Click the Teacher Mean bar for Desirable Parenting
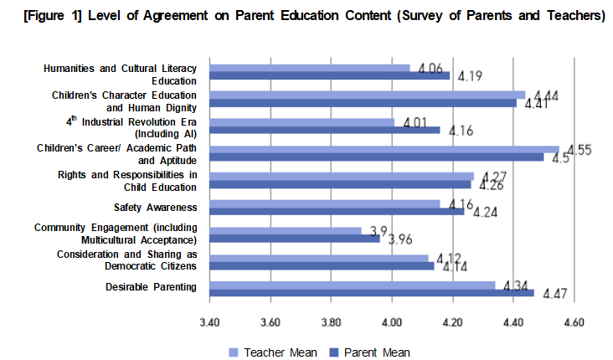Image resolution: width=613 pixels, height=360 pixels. tap(352, 285)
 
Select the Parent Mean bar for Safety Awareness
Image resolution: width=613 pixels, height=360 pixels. tap(335, 211)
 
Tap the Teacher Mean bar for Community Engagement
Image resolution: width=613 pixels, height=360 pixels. tap(285, 230)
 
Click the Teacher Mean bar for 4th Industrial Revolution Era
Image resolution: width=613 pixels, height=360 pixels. tap(301, 122)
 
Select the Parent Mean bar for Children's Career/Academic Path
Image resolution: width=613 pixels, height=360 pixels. tap(377, 157)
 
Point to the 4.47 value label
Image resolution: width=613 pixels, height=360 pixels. tap(556, 294)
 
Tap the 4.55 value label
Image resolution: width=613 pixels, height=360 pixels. tap(577, 150)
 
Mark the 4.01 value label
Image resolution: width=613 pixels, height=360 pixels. tap(415, 123)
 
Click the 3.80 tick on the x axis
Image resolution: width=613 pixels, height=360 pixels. tap(331, 321)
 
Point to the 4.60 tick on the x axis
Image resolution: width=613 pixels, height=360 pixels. tap(574, 321)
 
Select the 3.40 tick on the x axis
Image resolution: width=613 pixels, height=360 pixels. tap(209, 321)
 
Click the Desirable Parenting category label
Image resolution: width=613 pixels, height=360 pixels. tap(152, 287)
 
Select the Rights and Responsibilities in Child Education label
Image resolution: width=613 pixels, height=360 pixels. tap(127, 180)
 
